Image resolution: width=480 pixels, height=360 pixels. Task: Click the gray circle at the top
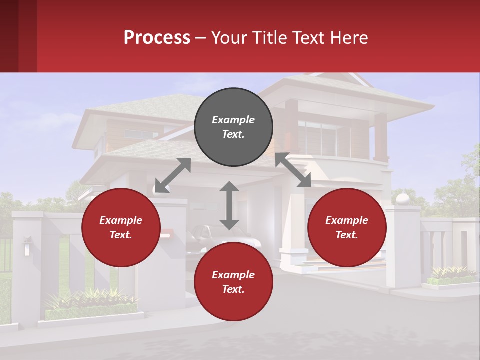pos(233,127)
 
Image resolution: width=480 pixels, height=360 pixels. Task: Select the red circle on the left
pos(121,228)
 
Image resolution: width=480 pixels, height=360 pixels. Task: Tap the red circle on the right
pos(347,228)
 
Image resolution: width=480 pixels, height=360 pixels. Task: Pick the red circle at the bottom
pos(233,282)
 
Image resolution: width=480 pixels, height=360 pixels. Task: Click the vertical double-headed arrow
pos(229,205)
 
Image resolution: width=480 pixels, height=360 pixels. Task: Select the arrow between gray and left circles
pos(173,175)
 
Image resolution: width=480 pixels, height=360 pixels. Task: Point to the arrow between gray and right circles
pos(293,170)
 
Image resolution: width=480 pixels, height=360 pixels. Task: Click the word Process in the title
pos(157,38)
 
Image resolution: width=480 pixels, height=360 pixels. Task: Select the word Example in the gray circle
pos(233,120)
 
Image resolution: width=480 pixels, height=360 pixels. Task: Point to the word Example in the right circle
pos(347,220)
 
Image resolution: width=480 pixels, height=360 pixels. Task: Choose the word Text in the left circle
pos(120,235)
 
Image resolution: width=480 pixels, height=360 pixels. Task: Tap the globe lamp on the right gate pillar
pos(402,199)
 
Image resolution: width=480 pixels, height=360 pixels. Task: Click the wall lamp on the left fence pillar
pos(26,246)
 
